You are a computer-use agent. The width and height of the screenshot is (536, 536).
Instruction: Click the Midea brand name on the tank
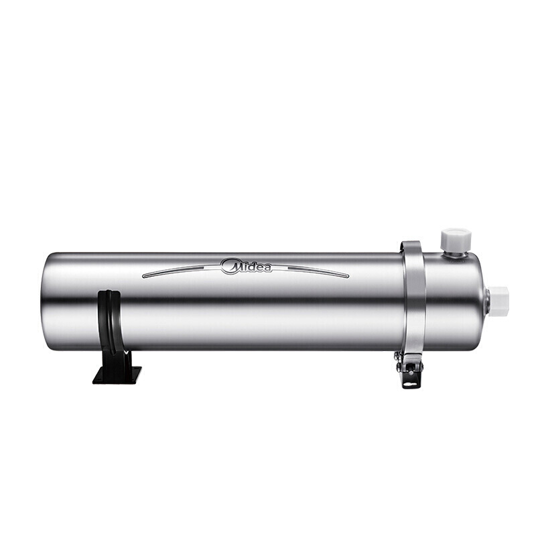(x=247, y=267)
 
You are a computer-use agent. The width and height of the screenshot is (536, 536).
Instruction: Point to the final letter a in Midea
(x=267, y=269)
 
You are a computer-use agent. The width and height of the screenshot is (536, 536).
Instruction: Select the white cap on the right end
(x=499, y=297)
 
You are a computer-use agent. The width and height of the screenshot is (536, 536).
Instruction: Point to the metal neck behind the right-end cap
(x=487, y=297)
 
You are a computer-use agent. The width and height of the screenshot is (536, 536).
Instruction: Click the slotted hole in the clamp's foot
(x=409, y=381)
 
